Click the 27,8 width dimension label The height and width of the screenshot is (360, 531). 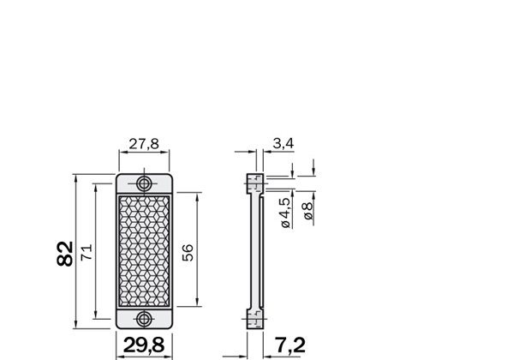[x=144, y=144]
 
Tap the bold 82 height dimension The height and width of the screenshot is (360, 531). [x=65, y=254]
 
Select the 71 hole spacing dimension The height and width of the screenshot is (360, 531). [x=87, y=252]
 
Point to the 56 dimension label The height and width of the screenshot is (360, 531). [x=188, y=253]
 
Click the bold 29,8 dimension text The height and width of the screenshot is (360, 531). [x=144, y=345]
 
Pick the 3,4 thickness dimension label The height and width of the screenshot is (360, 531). [x=283, y=144]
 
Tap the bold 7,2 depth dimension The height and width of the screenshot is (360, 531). [x=289, y=345]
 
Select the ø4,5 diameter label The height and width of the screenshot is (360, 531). [x=285, y=213]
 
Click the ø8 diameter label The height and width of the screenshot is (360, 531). [x=307, y=211]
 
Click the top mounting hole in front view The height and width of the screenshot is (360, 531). [x=144, y=184]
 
